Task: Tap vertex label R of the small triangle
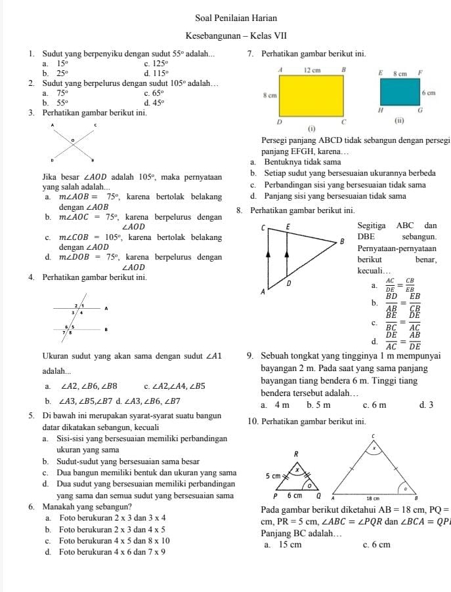click(x=296, y=453)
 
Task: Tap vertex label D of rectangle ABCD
click(x=280, y=123)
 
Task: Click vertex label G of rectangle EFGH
click(x=421, y=113)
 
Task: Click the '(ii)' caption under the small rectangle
click(x=398, y=122)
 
